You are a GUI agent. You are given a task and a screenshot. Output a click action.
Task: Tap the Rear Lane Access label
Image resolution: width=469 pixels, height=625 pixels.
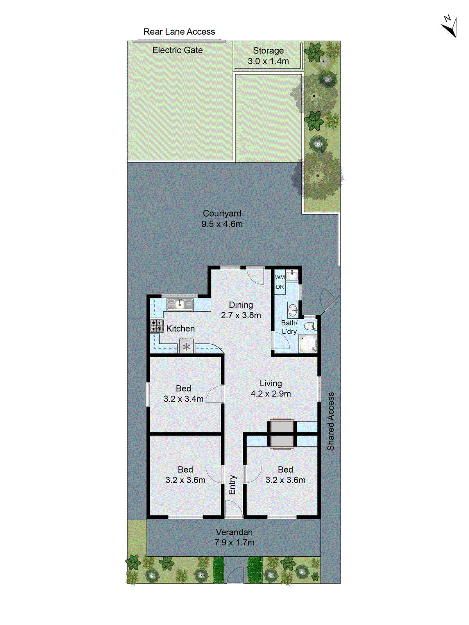(x=179, y=32)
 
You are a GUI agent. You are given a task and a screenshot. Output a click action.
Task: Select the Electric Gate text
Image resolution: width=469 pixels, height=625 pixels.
(x=177, y=50)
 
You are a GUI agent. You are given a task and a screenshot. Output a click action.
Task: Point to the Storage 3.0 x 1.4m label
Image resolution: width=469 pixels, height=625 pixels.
(x=268, y=56)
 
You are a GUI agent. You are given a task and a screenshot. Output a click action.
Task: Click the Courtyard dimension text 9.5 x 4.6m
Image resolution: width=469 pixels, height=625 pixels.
(x=222, y=224)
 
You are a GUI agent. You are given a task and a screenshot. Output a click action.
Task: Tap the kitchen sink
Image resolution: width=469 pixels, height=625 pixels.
(x=180, y=304)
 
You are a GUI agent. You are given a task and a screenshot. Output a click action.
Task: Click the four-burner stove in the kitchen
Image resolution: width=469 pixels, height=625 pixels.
(x=157, y=326)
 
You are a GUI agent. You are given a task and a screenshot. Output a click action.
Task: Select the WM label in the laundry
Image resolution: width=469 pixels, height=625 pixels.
(x=280, y=277)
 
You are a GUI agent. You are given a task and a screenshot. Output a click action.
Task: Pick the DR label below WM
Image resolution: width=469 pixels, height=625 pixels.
(x=280, y=287)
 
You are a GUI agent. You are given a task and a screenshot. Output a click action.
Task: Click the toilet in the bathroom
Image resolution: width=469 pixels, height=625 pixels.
(x=311, y=326)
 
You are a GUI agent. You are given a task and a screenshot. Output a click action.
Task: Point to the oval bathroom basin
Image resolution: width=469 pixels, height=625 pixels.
(x=293, y=311)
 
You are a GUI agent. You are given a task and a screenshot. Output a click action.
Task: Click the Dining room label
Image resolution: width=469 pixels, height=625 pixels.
(x=241, y=305)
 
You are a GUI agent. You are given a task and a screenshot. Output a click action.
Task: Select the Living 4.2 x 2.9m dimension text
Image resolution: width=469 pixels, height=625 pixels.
(x=270, y=394)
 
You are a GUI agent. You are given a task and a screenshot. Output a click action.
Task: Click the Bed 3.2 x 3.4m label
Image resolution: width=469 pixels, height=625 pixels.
(x=183, y=394)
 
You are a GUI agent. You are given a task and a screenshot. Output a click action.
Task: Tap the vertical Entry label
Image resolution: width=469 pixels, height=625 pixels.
(x=232, y=485)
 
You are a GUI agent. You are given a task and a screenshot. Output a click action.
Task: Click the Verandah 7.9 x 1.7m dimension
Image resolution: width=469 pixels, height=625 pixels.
(x=234, y=543)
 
